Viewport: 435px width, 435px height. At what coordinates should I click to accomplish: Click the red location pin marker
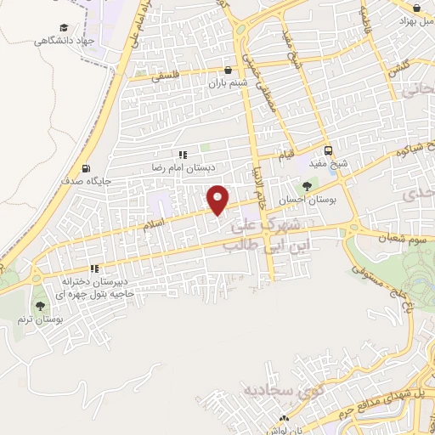pyautogui.click(x=218, y=199)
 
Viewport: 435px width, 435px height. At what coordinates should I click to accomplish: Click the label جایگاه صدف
pyautogui.click(x=83, y=181)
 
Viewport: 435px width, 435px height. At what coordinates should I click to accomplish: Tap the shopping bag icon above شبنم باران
pyautogui.click(x=228, y=71)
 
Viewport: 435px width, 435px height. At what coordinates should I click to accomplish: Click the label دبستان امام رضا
pyautogui.click(x=180, y=167)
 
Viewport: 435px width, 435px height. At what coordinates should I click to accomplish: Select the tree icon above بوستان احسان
pyautogui.click(x=307, y=185)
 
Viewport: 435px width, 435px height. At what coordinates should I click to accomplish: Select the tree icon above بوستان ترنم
pyautogui.click(x=39, y=306)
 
